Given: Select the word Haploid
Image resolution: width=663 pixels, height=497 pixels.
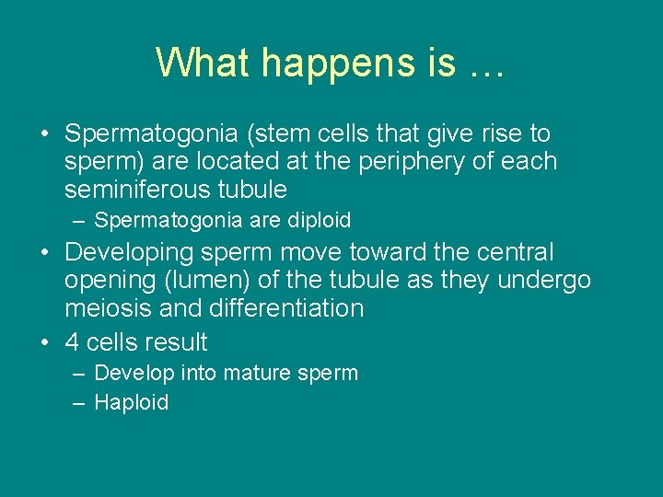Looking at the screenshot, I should [132, 402].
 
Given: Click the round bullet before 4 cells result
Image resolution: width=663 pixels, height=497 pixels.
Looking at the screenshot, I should [45, 342].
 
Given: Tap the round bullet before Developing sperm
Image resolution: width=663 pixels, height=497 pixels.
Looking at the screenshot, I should [45, 252].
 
